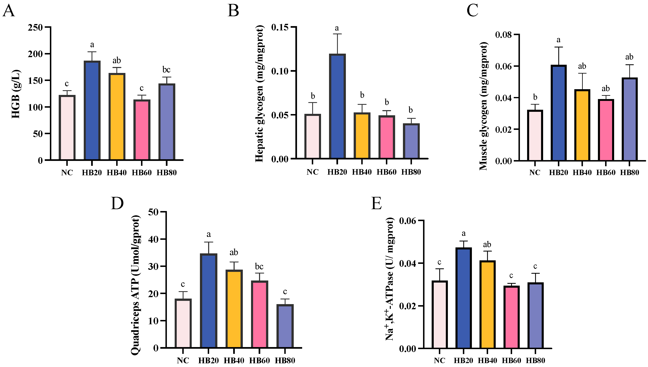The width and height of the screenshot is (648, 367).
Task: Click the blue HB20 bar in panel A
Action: pos(92,111)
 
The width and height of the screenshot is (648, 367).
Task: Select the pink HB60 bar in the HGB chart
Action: pos(142,130)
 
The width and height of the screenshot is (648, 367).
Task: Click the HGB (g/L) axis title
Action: pos(16,94)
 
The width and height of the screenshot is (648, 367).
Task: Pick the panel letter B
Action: pos(233,11)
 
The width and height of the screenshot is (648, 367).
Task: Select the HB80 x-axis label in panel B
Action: pos(411,172)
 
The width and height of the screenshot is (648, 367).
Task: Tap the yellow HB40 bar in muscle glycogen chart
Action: pos(582,125)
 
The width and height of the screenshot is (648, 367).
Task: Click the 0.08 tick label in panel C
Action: pos(503,35)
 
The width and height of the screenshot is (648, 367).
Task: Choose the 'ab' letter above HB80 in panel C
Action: pos(629,57)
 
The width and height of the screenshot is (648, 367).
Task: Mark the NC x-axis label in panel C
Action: pos(535,173)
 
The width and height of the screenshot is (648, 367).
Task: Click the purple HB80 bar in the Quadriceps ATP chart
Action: pos(285,327)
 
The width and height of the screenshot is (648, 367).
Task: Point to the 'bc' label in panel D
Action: pos(259,267)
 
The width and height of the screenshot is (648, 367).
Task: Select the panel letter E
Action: pos(376,204)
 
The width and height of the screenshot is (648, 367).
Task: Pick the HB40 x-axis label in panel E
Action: pos(487,360)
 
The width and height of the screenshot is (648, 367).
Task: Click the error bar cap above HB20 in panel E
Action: pos(463,241)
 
